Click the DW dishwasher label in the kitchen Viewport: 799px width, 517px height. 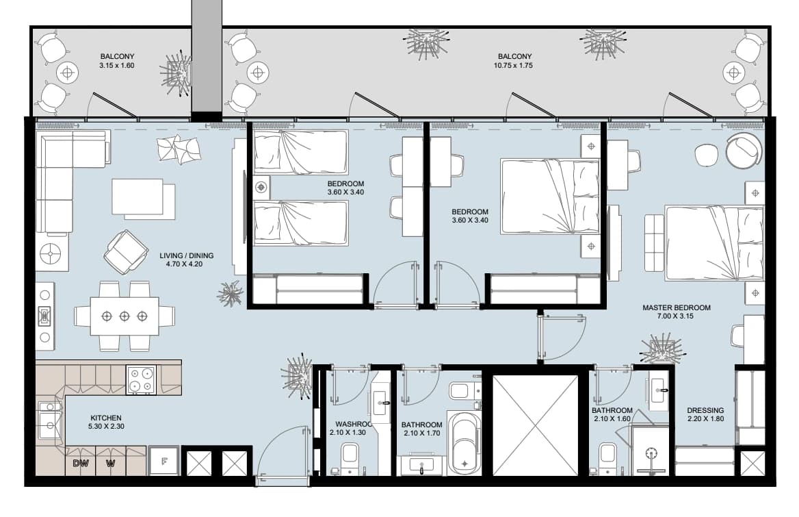pyautogui.click(x=81, y=463)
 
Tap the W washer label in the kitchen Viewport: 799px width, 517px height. pyautogui.click(x=111, y=463)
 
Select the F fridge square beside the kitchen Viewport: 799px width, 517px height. pyautogui.click(x=163, y=461)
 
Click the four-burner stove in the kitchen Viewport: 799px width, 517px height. pyautogui.click(x=141, y=380)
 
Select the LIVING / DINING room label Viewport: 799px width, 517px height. pyautogui.click(x=187, y=256)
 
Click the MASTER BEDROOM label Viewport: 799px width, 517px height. pyautogui.click(x=676, y=307)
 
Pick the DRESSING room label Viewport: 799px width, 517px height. pyautogui.click(x=705, y=410)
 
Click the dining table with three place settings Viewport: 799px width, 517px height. pyautogui.click(x=125, y=316)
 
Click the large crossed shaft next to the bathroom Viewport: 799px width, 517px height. pyautogui.click(x=535, y=425)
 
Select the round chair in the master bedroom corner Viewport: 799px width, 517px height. pyautogui.click(x=744, y=151)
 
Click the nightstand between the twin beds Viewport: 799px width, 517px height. pyautogui.click(x=261, y=187)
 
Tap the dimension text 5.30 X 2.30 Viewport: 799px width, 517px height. pyautogui.click(x=106, y=426)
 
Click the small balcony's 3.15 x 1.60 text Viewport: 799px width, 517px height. pyautogui.click(x=117, y=65)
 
